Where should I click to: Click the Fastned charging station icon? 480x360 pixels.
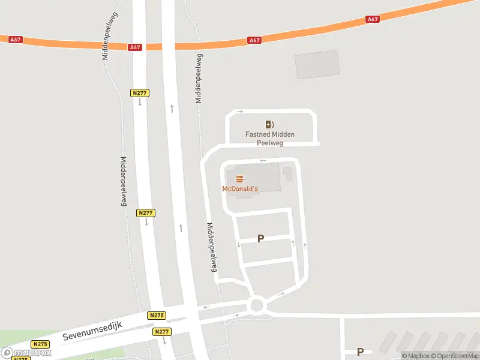coord(270,124)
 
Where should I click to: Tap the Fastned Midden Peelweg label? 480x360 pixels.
coord(270,139)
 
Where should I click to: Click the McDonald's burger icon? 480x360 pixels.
coord(240,179)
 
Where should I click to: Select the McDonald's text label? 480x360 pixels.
coord(240,188)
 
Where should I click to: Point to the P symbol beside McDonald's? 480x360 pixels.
coord(260,239)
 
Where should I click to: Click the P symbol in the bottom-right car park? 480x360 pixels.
coord(360,352)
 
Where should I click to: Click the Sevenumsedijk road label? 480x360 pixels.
coord(92,331)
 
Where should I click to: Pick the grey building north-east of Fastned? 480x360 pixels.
coord(317,64)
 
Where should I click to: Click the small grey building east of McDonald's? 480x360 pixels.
coord(287,174)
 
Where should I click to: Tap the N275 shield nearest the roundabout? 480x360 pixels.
coord(156,316)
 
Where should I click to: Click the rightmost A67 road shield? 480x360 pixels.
coord(373,19)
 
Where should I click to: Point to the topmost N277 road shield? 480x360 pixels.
coord(139,93)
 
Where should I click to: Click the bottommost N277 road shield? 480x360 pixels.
coord(161,332)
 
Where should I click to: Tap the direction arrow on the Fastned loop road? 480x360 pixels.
coord(240,111)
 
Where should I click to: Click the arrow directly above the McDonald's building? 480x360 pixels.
coord(262,160)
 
